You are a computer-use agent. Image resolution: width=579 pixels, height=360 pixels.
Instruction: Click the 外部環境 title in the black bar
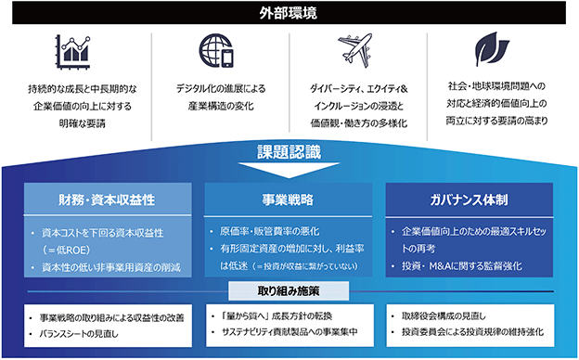point(288,13)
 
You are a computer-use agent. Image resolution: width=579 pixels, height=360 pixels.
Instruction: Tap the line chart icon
point(73,52)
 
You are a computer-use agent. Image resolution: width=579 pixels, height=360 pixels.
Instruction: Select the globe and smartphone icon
point(216,51)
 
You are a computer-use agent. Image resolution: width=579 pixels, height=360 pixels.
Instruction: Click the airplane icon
point(354,50)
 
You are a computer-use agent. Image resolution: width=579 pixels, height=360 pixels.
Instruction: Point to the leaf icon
point(492,49)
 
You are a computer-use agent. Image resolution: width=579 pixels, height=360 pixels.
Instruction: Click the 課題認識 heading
point(289,152)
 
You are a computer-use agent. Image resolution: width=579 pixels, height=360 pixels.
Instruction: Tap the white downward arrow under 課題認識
point(289,170)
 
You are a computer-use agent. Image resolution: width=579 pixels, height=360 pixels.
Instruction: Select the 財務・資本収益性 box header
point(108,199)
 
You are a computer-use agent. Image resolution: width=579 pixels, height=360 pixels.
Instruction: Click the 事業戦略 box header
point(288,199)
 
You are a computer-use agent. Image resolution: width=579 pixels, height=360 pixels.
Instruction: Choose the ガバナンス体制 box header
point(469,199)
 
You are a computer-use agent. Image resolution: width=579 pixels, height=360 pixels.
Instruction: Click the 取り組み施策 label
point(289,291)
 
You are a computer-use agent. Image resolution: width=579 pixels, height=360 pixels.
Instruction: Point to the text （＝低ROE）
point(66,250)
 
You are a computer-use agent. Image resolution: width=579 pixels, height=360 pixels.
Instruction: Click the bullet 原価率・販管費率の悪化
point(270,232)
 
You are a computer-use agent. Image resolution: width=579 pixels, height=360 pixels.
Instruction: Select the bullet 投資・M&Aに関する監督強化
point(461,266)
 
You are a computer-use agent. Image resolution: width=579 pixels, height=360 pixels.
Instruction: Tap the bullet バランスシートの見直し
point(79,334)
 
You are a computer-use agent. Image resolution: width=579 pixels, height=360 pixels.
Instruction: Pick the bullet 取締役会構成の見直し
point(444,316)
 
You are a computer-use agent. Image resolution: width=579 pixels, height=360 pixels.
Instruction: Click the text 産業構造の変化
point(221,107)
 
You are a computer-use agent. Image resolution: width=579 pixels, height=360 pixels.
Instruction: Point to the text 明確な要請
point(83,123)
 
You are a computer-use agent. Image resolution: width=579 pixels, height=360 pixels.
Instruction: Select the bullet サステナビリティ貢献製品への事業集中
point(289,332)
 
